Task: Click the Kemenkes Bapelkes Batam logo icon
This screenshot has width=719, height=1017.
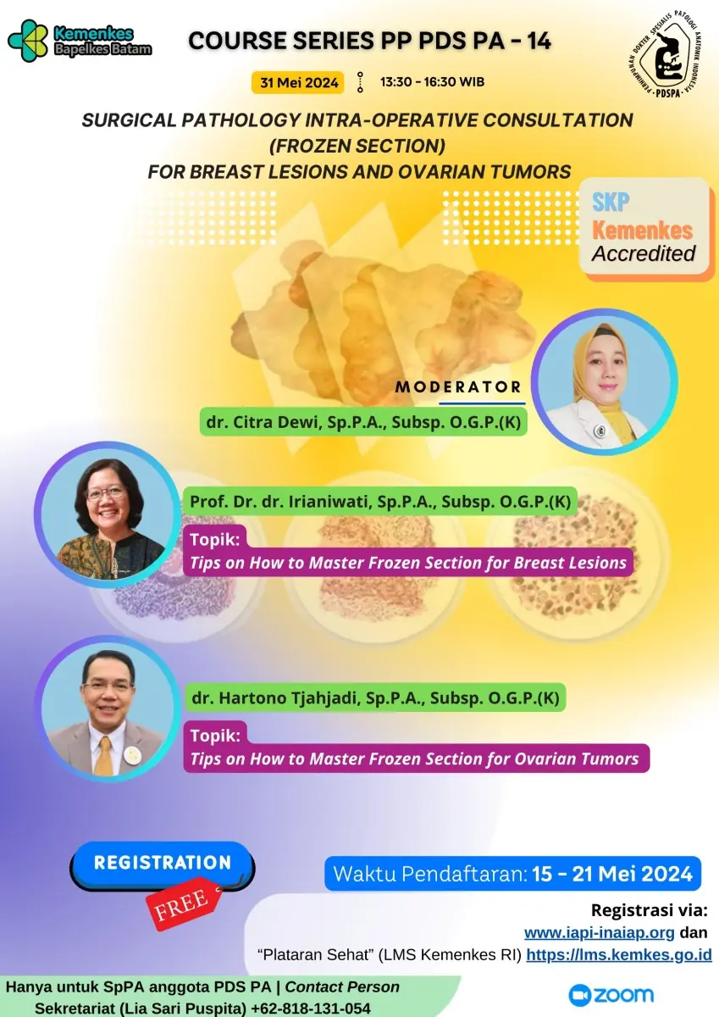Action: [x=28, y=41]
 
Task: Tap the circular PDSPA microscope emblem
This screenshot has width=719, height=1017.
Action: [x=666, y=55]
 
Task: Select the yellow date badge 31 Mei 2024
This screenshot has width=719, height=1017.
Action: [x=298, y=83]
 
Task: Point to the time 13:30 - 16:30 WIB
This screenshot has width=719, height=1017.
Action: [x=432, y=82]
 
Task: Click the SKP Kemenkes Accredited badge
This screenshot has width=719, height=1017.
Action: [x=645, y=229]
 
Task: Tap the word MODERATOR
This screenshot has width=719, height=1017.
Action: [x=458, y=386]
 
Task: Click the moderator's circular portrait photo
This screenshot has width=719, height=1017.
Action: [x=604, y=382]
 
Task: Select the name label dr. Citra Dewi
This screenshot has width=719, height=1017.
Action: [x=363, y=422]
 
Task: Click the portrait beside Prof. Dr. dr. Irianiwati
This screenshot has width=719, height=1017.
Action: [x=108, y=515]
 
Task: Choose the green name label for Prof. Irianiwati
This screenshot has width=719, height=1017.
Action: [x=379, y=501]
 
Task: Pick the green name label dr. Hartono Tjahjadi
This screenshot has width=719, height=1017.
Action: [x=375, y=697]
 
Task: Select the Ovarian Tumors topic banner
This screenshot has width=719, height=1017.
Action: [x=416, y=747]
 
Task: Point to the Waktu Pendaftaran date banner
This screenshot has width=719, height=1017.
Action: [x=512, y=874]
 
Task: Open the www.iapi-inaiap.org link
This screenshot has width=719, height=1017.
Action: [x=600, y=932]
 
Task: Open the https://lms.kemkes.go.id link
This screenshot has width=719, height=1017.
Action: [x=619, y=955]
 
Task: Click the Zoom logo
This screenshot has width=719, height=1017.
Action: [x=611, y=995]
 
